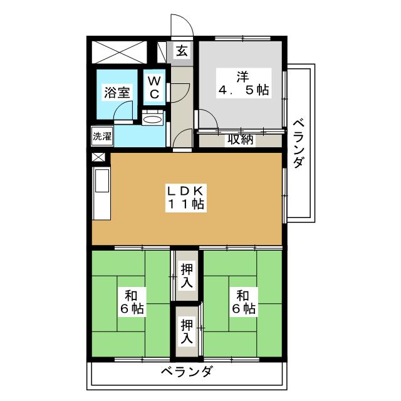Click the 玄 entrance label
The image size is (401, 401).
pyautogui.click(x=182, y=51)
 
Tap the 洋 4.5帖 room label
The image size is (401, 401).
pyautogui.click(x=243, y=83)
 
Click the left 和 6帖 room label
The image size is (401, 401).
pyautogui.click(x=130, y=301)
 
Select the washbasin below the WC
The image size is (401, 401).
pyautogui.click(x=152, y=118)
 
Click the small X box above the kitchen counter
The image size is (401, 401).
pyautogui.click(x=98, y=157)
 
